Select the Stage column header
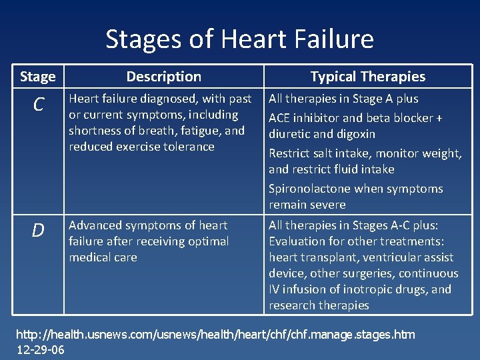click(38, 77)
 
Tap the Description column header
click(163, 77)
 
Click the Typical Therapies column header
click(367, 77)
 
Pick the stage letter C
click(38, 104)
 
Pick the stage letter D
click(38, 231)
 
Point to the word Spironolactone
click(309, 189)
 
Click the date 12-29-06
click(41, 350)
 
